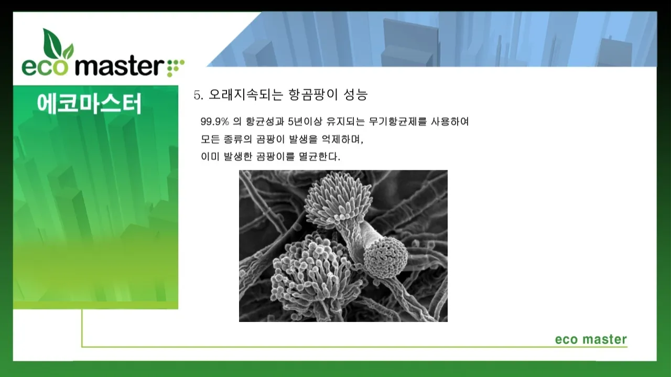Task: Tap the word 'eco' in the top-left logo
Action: (x=44, y=68)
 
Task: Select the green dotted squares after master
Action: (x=175, y=67)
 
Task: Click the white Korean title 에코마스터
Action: (x=90, y=104)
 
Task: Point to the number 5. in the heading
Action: (x=198, y=95)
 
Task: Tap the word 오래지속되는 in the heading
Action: (x=246, y=95)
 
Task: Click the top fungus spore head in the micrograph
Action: (x=338, y=200)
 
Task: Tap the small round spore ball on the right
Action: (x=385, y=255)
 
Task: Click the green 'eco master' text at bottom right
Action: (x=591, y=339)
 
